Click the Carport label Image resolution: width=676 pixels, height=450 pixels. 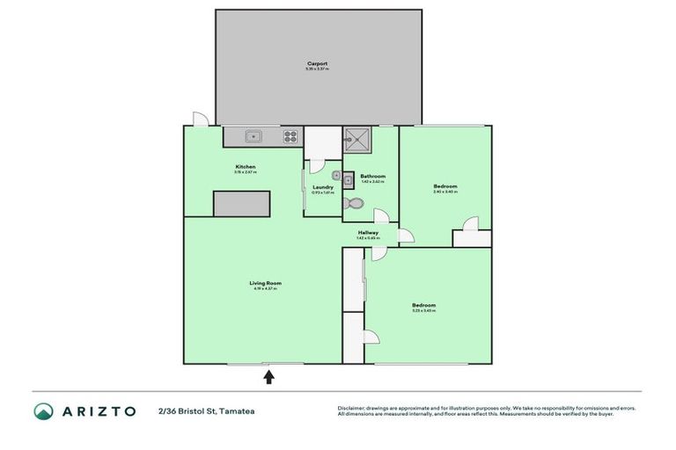tap(318, 64)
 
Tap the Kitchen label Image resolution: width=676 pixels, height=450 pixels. tap(245, 167)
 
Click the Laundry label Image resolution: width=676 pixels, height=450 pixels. tap(323, 186)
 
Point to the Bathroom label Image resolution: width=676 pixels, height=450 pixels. tap(372, 176)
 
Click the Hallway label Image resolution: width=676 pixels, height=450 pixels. tap(367, 232)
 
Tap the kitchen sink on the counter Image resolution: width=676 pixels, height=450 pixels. tap(253, 136)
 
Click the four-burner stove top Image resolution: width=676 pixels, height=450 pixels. tap(290, 136)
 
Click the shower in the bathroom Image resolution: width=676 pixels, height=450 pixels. tap(358, 138)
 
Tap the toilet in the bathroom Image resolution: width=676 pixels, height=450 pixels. tap(354, 203)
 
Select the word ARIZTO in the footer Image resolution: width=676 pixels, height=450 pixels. tap(98, 411)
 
